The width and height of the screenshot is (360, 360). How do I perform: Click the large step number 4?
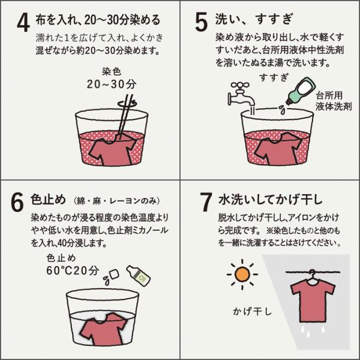coord(23,22)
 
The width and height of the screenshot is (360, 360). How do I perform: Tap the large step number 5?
coord(202,22)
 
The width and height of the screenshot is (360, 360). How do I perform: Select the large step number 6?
coord(17,202)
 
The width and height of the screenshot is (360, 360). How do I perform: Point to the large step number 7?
coord(206,202)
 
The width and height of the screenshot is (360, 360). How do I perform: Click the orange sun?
coord(242,274)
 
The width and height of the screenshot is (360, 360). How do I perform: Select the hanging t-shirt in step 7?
coord(313,302)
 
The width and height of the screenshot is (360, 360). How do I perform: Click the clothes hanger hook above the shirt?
coord(312,274)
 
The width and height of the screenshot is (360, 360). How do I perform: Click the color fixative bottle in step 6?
coord(139,275)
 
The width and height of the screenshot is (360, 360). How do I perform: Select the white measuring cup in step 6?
coord(115,274)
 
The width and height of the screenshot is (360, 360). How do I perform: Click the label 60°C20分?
coord(73,271)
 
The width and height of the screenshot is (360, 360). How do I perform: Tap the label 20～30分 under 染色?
coord(112,84)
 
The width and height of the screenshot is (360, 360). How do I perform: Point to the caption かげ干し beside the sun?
coord(252,311)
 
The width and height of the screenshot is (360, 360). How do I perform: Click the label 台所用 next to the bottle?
coord(329,95)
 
